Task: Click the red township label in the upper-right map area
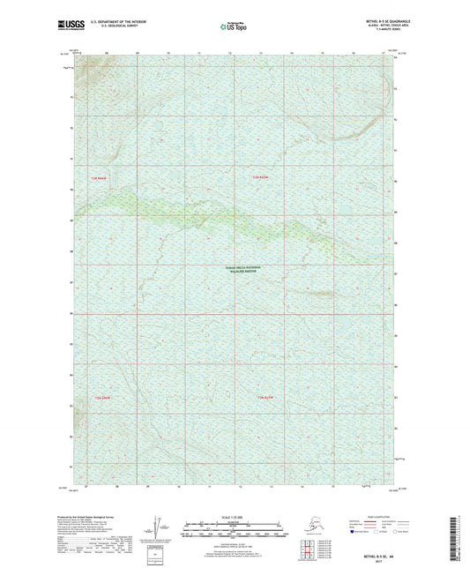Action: tap(261, 180)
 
